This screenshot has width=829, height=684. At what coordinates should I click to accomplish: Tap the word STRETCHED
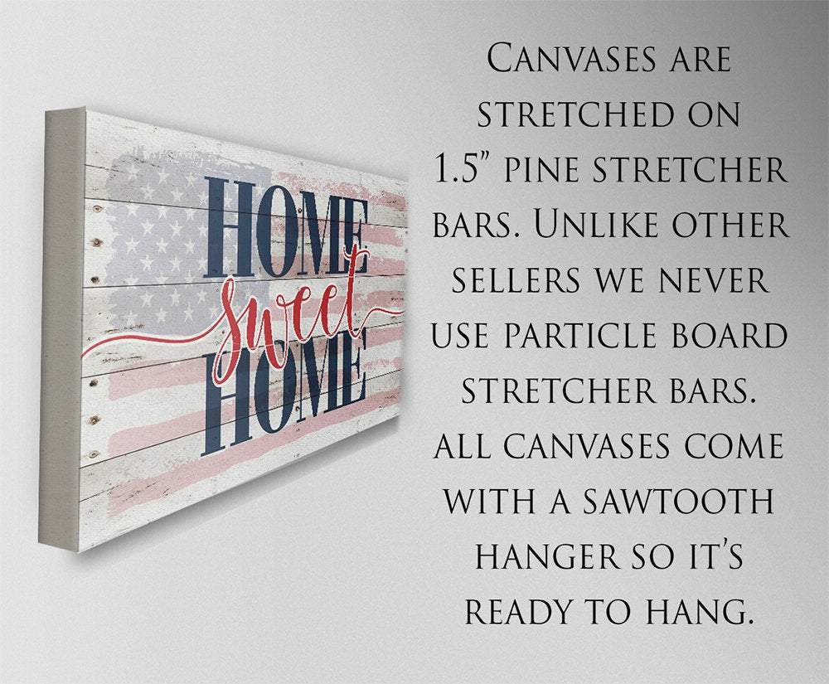[566, 114]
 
